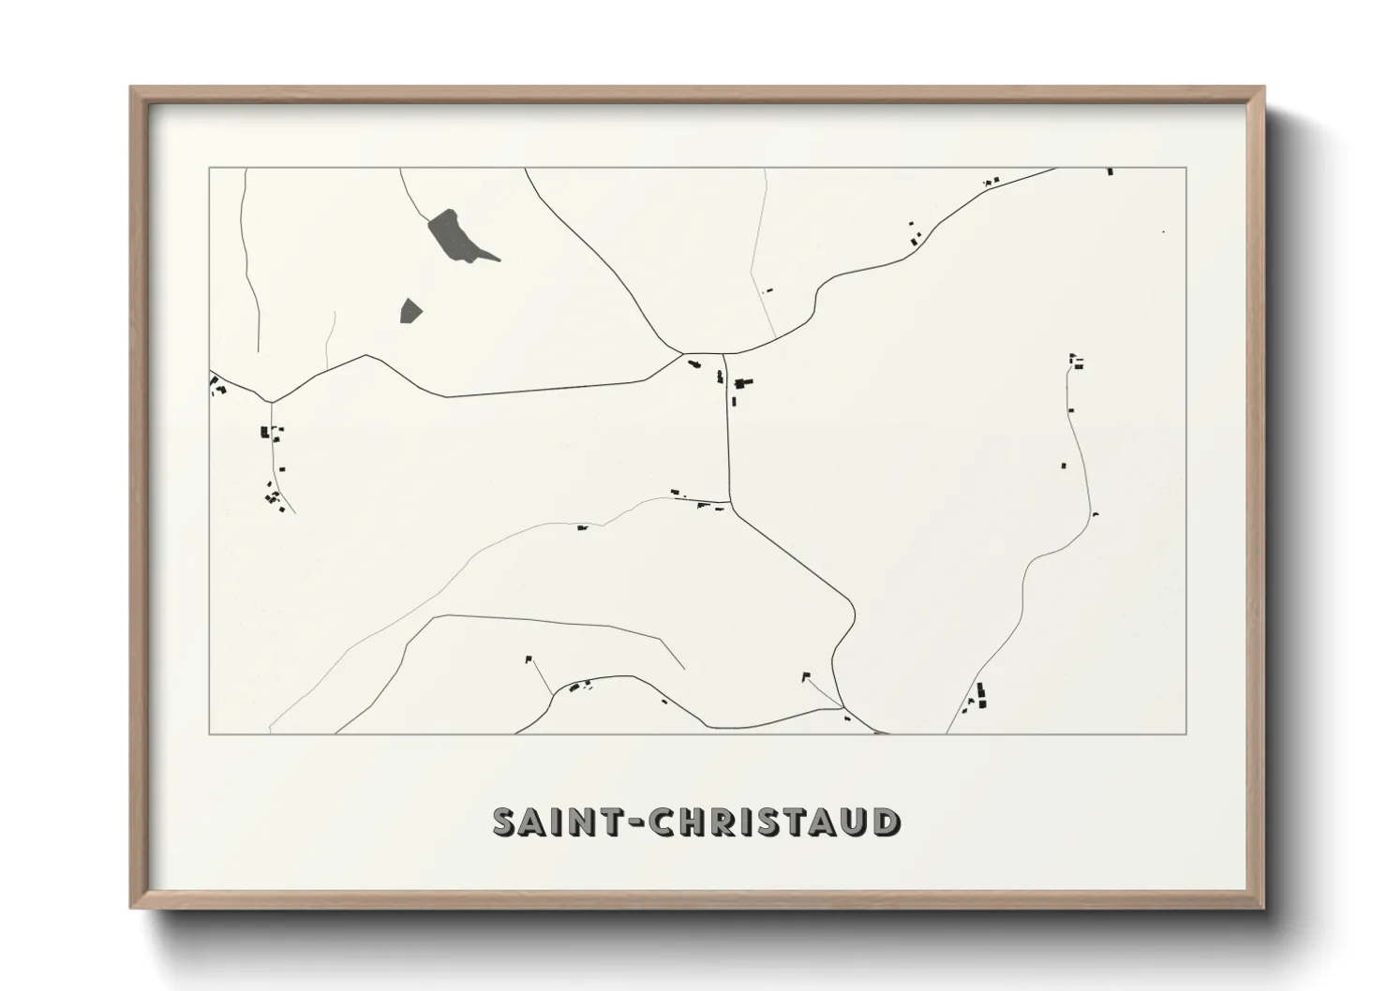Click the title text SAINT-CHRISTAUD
point(696,821)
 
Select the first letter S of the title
point(505,821)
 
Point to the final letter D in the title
point(886,821)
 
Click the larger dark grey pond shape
point(452,234)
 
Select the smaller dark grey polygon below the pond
point(410,310)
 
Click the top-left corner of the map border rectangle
point(209,168)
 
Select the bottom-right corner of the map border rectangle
point(1186,733)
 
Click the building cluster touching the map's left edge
point(217,385)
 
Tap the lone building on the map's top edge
point(1111,171)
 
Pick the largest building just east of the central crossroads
point(745,382)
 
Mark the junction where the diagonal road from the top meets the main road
point(681,355)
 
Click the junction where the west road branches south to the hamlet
point(271,402)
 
